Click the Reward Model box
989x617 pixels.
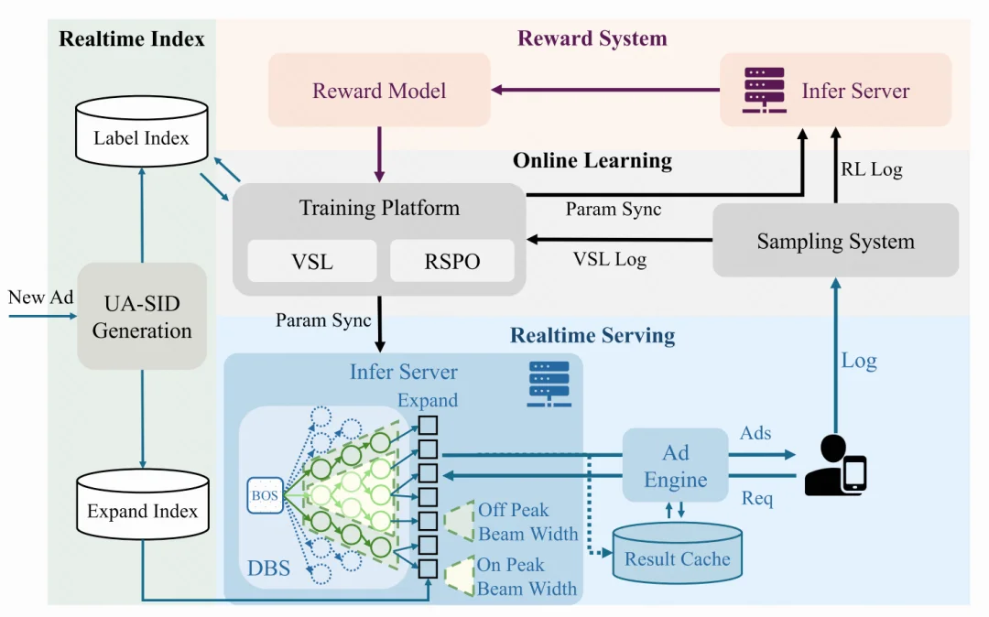tap(379, 90)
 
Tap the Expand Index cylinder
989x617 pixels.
tap(143, 507)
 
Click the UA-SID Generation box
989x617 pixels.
tap(142, 316)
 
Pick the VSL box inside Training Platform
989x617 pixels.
tap(313, 262)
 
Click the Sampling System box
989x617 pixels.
tap(835, 241)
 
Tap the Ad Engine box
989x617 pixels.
tap(676, 466)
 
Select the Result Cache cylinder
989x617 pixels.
tap(677, 552)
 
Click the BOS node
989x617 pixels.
tap(265, 495)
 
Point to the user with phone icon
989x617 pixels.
tap(834, 466)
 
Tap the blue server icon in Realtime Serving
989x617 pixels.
tap(549, 384)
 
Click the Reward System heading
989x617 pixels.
tap(592, 38)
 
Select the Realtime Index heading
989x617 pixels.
tap(132, 38)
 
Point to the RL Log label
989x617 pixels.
tap(872, 169)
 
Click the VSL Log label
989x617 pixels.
tap(610, 259)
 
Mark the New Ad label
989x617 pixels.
tap(40, 297)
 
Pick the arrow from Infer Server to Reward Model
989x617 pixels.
tap(604, 90)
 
